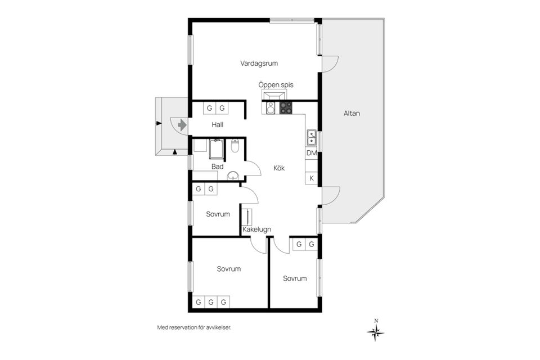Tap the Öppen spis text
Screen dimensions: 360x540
pos(276,84)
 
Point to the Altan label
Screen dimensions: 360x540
pos(352,114)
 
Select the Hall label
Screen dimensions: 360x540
pos(218,124)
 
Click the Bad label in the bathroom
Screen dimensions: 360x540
pos(217,166)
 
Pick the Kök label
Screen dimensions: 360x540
pos(279,168)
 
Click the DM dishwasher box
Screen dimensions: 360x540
pos(311,153)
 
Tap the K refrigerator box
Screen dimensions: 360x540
pos(311,179)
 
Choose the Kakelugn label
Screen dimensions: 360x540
pos(257,229)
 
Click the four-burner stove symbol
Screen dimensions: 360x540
pos(286,107)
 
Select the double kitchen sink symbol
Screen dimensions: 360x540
pos(311,137)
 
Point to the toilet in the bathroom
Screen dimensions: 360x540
pos(236,147)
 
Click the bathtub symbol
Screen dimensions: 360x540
pos(216,148)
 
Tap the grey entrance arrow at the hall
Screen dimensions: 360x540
pos(181,124)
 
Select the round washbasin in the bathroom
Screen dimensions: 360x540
pos(232,177)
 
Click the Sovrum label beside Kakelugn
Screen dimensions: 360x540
pos(218,214)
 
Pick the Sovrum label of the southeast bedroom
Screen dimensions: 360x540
pos(295,278)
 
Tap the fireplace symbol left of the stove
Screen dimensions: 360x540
pos(271,107)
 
